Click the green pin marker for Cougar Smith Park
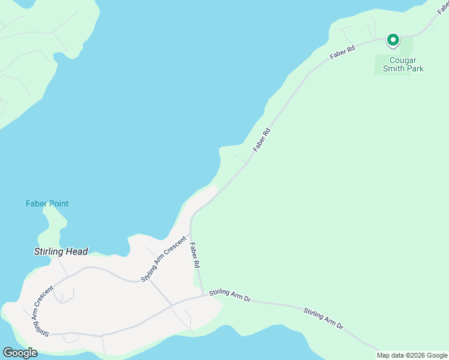pos(393,40)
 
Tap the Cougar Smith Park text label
pos(399,64)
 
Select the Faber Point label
pos(47,204)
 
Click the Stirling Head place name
pos(61,252)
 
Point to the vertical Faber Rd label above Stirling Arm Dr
pos(195,255)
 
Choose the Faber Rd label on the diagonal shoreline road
pos(262,139)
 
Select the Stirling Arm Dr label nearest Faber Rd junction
pos(230,295)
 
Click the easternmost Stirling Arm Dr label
pos(323,318)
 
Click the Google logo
pos(20,353)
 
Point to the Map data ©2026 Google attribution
pos(412,355)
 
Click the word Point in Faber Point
pos(58,204)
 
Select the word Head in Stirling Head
pos(77,252)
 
